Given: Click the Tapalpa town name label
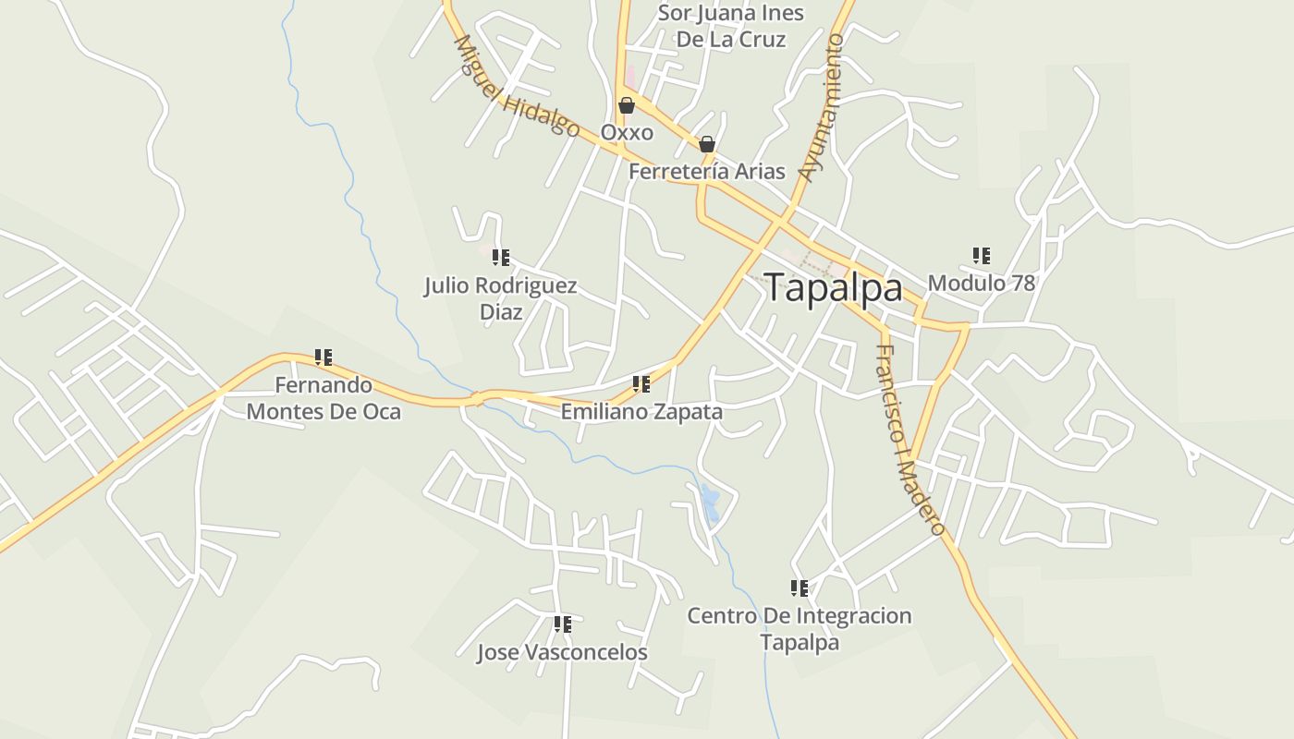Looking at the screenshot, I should [x=833, y=288].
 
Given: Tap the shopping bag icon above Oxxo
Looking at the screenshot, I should [x=627, y=105].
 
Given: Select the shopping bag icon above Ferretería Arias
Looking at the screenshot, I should [x=707, y=144].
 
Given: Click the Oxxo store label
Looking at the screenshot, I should [x=627, y=132].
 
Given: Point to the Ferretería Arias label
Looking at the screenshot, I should [x=707, y=171].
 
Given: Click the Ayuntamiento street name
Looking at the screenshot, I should [x=823, y=108].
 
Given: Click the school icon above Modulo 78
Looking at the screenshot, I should [x=981, y=256].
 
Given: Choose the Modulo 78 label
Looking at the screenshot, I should [x=981, y=283].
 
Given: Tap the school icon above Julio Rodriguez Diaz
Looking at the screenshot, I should [x=501, y=258].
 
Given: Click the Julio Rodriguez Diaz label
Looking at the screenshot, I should [x=501, y=298].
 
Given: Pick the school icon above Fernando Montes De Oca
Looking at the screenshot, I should [x=323, y=357].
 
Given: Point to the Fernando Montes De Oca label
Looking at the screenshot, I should [x=323, y=398].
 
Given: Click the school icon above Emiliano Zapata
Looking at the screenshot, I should [x=641, y=384].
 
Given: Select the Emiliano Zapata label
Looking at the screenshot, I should [x=641, y=411].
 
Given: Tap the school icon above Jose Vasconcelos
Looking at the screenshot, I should [x=562, y=624].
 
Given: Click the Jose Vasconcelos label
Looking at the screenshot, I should [x=562, y=652].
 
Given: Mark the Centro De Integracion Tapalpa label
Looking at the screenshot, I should [x=800, y=628].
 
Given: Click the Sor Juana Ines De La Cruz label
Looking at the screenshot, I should [x=731, y=26].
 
